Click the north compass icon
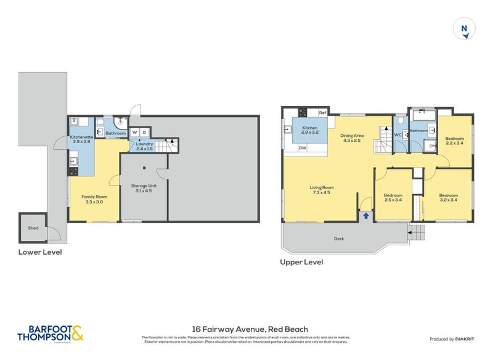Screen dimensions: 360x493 (464, 29)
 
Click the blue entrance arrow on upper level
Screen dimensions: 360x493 (366, 216)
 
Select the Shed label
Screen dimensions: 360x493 (33, 228)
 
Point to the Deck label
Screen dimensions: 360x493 (339, 239)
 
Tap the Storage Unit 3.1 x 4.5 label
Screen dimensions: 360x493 (144, 187)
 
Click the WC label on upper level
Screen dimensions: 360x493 (397, 134)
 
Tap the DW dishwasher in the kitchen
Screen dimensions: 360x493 (302, 148)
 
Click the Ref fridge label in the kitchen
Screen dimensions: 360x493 (322, 113)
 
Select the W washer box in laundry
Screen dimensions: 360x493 (134, 132)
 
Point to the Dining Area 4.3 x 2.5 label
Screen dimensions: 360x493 (353, 137)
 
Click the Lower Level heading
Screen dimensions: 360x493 (40, 252)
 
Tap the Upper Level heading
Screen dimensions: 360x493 (301, 262)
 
